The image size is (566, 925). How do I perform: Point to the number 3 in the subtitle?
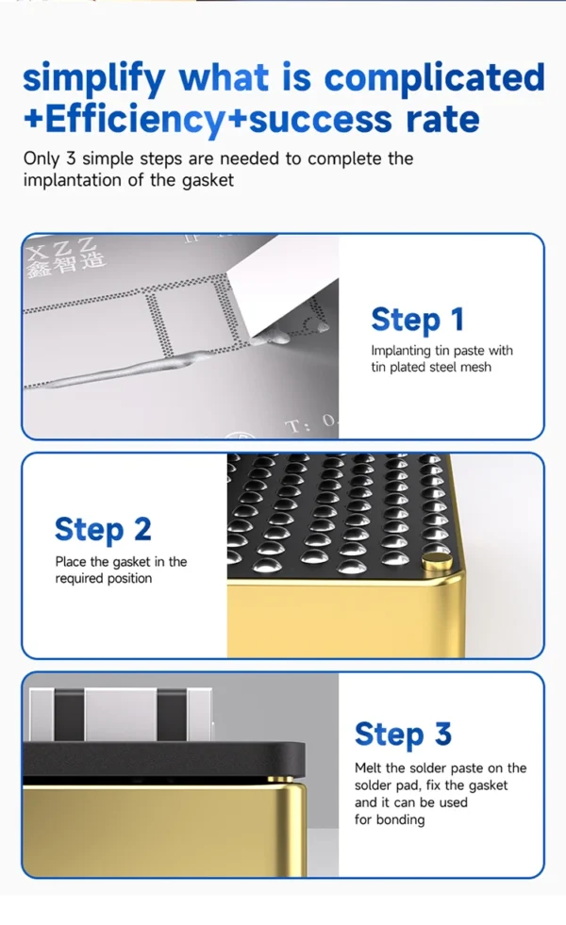71,158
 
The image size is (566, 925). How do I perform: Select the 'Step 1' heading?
417,320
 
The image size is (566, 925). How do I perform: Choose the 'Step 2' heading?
103,529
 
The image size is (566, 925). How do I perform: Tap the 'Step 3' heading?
403,734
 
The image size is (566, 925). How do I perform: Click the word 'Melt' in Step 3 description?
368,768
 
